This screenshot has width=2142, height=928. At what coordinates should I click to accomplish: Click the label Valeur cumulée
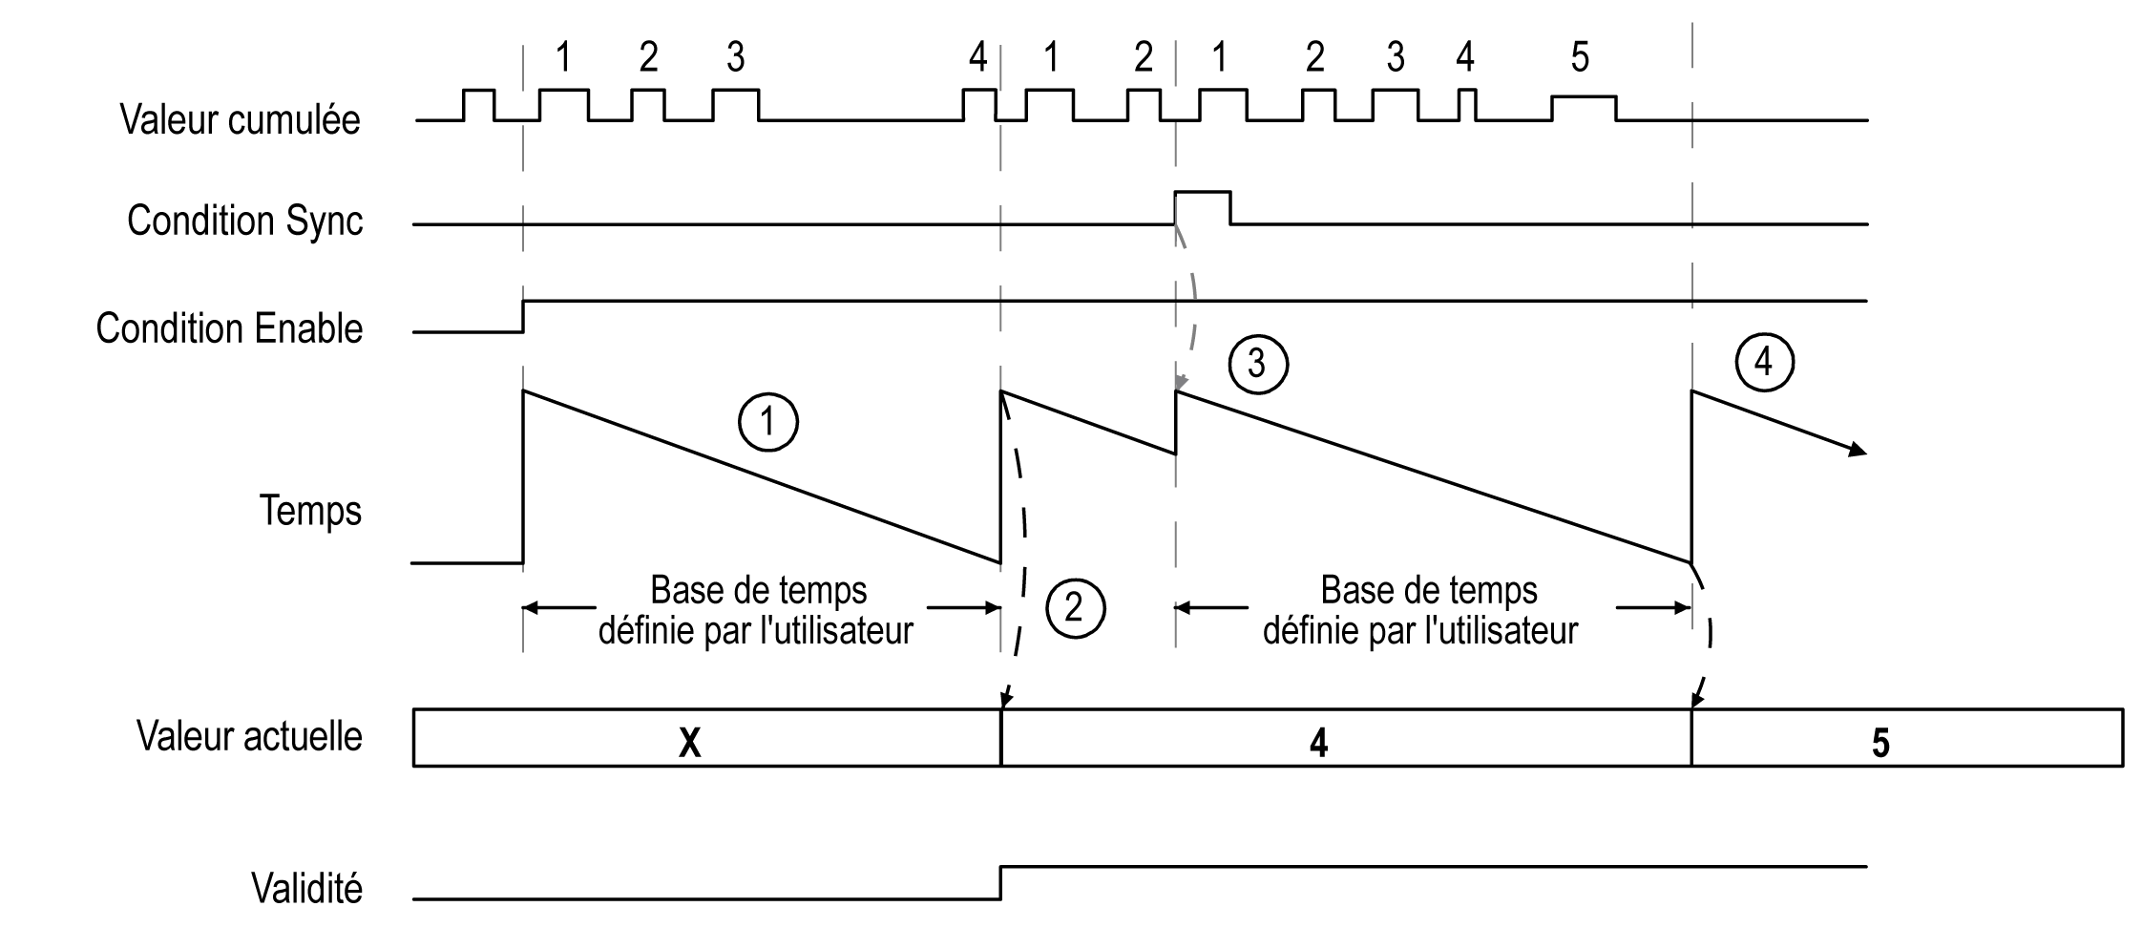tap(240, 120)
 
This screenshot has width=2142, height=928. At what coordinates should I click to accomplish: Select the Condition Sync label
tap(244, 221)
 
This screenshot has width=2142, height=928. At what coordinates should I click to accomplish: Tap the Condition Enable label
tap(229, 328)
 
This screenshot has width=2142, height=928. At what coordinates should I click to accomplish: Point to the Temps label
tap(310, 511)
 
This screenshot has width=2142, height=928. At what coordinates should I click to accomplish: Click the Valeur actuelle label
tap(249, 737)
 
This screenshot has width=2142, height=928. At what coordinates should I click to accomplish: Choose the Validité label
tap(306, 889)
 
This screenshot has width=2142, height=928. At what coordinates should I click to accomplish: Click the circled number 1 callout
tap(768, 422)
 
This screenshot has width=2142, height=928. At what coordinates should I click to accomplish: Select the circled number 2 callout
tap(1075, 607)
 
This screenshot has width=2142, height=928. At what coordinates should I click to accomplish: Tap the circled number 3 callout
tap(1257, 364)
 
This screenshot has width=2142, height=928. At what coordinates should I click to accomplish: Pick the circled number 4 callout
tap(1764, 362)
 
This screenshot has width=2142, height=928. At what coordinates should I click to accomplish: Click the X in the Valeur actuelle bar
tap(689, 743)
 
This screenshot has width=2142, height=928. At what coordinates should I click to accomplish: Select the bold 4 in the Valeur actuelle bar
tap(1318, 743)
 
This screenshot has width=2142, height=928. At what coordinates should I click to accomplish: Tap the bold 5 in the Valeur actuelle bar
tap(1880, 743)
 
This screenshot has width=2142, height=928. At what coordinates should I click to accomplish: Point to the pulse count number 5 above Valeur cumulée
tap(1580, 57)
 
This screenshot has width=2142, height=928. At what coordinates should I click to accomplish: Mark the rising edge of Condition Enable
tap(523, 316)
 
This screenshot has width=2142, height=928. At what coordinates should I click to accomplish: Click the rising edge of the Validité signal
tap(1000, 882)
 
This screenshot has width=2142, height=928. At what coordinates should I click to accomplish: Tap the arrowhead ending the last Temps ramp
tap(1858, 451)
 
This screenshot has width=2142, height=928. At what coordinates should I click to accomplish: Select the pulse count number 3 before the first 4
tap(735, 57)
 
